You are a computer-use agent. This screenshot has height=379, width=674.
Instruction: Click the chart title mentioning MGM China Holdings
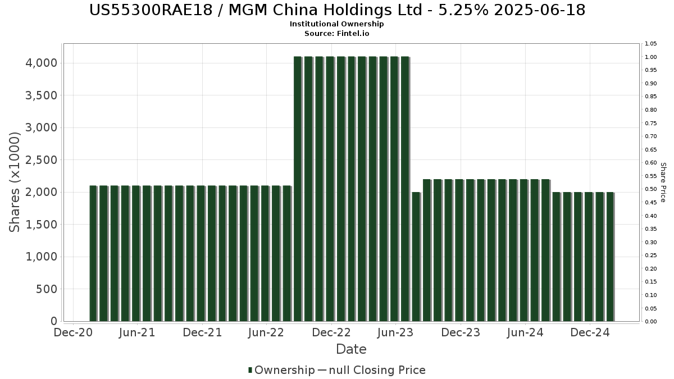tap(337, 10)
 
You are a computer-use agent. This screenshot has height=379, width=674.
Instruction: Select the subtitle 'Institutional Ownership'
tap(337, 24)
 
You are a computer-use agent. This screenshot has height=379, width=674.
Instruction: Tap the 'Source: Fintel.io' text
tap(337, 33)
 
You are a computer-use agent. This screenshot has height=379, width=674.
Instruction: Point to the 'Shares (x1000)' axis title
tap(15, 182)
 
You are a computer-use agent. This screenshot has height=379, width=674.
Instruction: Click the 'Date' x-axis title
tap(351, 349)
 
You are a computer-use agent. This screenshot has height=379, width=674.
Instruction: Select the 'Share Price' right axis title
tap(663, 182)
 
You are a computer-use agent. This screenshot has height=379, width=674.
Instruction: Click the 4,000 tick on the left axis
tap(42, 63)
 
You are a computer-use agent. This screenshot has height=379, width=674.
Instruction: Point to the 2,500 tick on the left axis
tap(42, 160)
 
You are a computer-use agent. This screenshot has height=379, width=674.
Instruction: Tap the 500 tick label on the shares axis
tap(46, 289)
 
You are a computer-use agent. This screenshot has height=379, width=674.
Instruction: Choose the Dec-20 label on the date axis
tap(73, 333)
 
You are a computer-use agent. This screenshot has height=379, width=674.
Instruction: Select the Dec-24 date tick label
tap(590, 333)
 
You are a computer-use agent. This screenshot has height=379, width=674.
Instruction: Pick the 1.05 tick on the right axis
tap(652, 44)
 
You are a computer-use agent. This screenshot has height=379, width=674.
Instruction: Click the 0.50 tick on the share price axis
tap(652, 189)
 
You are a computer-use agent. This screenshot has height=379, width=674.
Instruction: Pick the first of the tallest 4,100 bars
tap(298, 189)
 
